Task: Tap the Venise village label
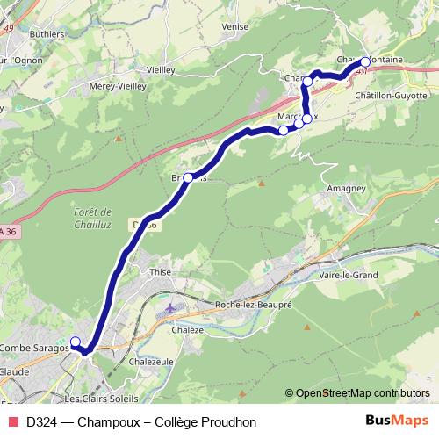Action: pyautogui.click(x=235, y=27)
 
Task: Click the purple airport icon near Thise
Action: pyautogui.click(x=169, y=307)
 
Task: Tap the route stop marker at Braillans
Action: pyautogui.click(x=188, y=178)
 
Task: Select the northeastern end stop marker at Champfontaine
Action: pyautogui.click(x=365, y=62)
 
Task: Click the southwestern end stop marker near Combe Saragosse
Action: pyautogui.click(x=75, y=342)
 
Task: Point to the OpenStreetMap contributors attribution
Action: pyautogui.click(x=363, y=393)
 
